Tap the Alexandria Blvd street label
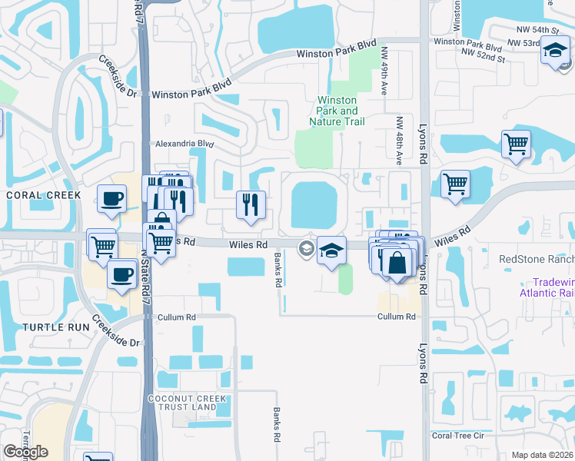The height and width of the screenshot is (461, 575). pos(184,143)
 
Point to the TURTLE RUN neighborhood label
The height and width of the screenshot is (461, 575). pos(46,327)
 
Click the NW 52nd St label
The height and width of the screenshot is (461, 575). pos(483,57)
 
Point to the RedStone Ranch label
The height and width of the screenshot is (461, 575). pos(536,259)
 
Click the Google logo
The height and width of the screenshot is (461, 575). pos(25,452)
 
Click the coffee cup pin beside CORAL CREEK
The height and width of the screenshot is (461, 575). pos(111,199)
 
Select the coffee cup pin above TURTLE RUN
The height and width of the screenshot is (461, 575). pos(121,274)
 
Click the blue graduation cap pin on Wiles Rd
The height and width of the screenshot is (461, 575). pos(331,250)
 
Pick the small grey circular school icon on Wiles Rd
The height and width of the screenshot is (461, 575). pos(305,247)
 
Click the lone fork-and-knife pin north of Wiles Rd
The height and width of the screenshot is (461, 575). pos(251,204)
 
